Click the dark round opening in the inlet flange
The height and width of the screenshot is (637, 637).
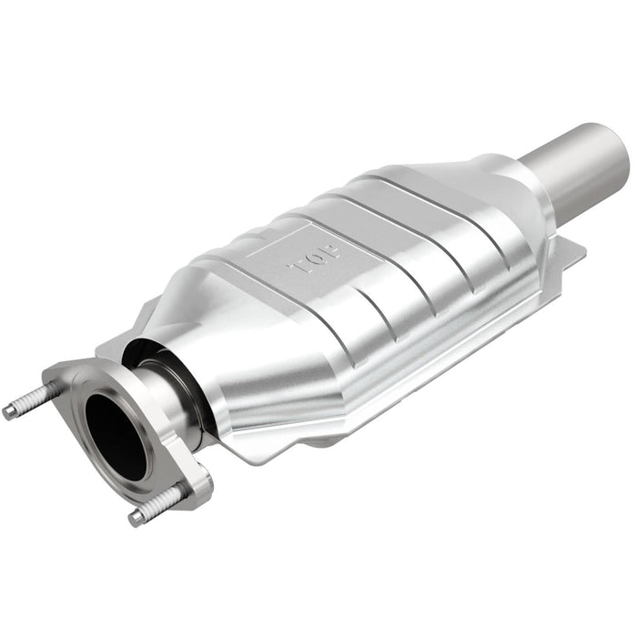click(x=116, y=438)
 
